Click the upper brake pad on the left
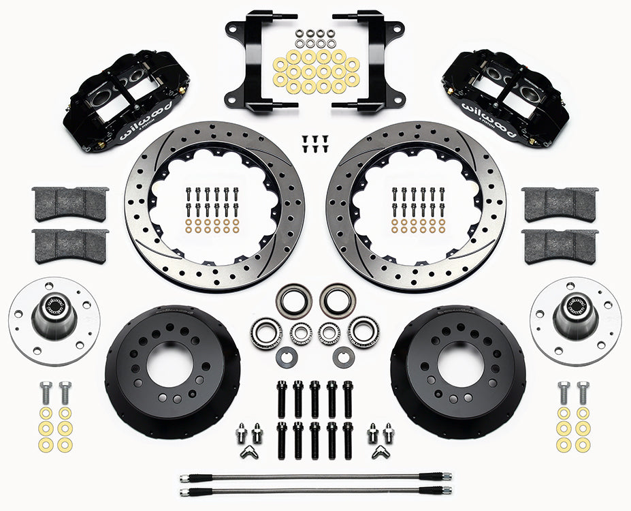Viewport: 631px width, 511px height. point(70,202)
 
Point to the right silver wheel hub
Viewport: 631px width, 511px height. point(575,320)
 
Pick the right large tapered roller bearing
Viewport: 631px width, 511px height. point(363,332)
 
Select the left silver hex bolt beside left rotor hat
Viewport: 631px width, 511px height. point(46,393)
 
